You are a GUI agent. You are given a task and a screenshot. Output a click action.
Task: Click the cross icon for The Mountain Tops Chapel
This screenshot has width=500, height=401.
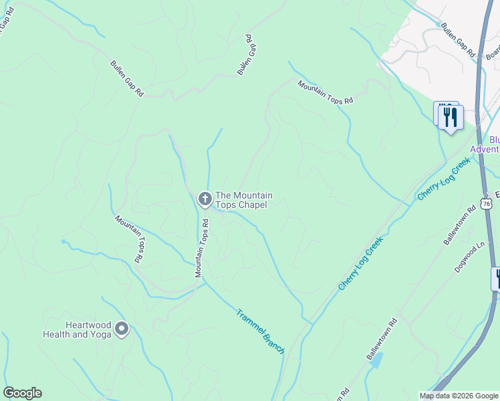click(x=205, y=198)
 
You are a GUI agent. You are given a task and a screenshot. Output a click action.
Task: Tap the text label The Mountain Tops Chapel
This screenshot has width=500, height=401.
click(x=243, y=200)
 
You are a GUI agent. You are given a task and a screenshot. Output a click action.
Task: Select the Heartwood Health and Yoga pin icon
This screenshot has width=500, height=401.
click(x=122, y=328)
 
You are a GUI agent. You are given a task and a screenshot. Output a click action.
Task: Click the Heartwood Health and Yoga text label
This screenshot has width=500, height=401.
click(x=77, y=329)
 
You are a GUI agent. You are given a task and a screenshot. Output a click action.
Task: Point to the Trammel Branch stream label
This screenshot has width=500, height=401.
click(x=260, y=331)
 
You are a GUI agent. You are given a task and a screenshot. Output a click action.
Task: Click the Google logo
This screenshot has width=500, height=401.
click(x=22, y=393)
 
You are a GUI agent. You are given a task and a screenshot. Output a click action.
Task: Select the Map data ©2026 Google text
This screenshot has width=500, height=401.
click(x=459, y=396)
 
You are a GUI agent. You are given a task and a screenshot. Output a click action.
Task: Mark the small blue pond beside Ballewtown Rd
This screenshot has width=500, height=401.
click(x=376, y=361)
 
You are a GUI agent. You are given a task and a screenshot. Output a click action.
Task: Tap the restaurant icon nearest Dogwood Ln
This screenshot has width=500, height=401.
click(x=497, y=278)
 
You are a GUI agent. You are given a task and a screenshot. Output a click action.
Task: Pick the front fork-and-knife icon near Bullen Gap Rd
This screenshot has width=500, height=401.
click(x=451, y=118)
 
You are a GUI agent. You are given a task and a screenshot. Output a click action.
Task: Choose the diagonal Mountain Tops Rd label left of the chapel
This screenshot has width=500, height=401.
click(x=129, y=238)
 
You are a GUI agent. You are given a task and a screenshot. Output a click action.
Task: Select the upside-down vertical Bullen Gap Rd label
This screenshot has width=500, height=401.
click(x=247, y=55)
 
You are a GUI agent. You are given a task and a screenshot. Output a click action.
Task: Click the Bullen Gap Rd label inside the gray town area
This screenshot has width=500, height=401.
click(x=457, y=41)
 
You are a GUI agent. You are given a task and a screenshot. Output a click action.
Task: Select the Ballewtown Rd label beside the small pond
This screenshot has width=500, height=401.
click(x=382, y=340)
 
